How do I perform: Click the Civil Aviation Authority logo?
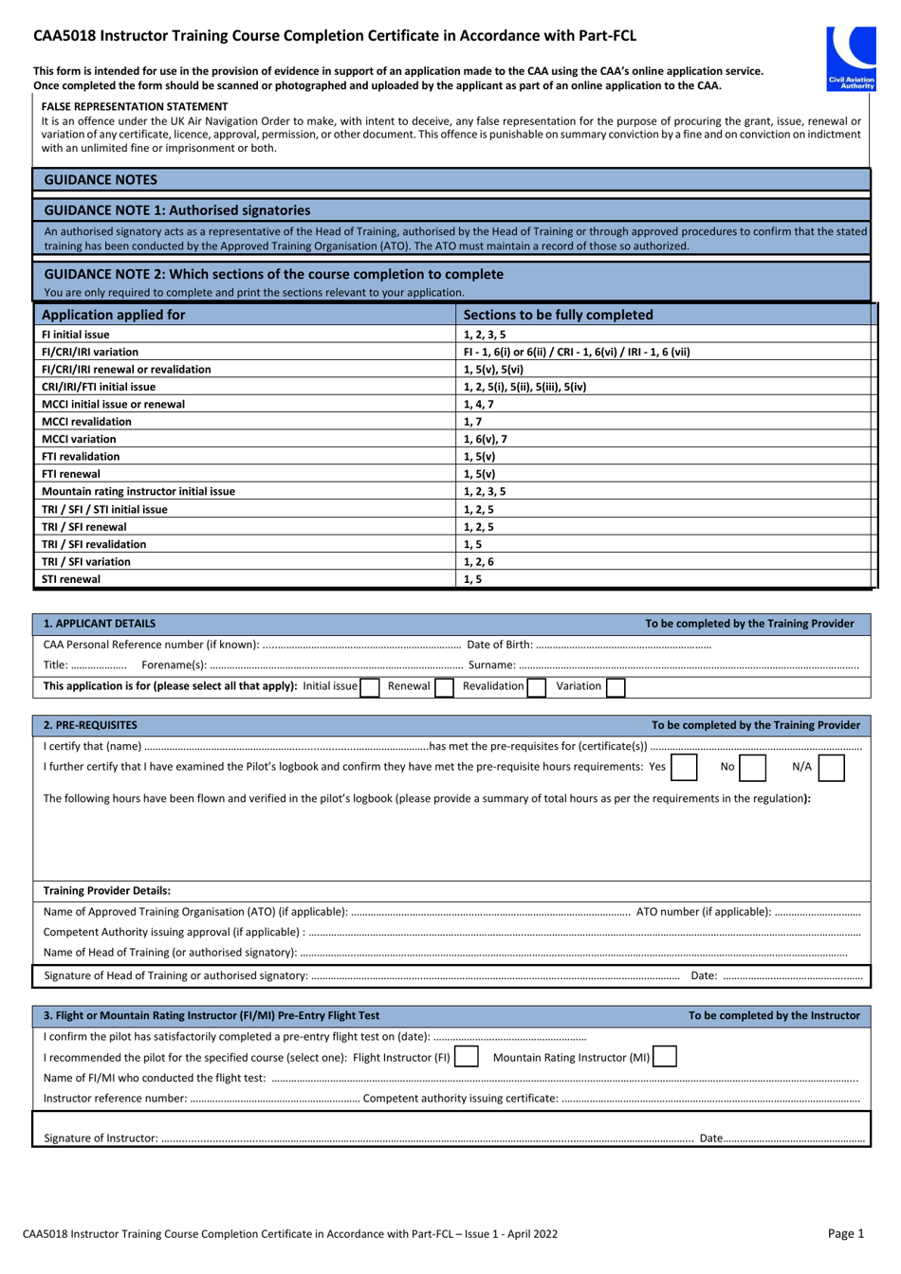(851, 58)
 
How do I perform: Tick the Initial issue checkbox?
(370, 686)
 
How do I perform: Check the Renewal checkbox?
(444, 686)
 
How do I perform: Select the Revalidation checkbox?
(537, 686)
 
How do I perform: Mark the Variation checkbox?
(616, 686)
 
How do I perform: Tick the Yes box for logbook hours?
(684, 767)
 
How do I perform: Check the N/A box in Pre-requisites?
(831, 767)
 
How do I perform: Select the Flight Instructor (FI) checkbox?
(466, 1057)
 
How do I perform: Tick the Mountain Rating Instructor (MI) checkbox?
(665, 1057)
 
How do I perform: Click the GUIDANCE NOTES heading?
(101, 179)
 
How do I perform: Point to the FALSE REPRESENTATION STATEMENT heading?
(135, 107)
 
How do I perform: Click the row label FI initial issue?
(76, 335)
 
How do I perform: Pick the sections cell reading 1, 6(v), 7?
(486, 439)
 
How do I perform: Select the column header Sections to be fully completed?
(558, 315)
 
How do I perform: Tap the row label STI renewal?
(71, 579)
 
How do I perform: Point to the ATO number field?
(817, 912)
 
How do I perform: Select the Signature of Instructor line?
(427, 1138)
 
